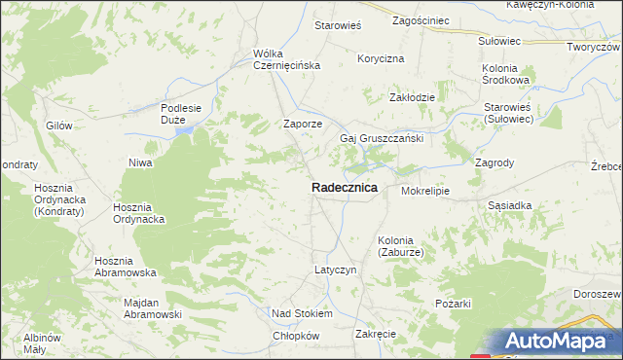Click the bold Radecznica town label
point(345,188)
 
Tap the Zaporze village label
point(302,124)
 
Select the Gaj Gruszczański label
point(381,138)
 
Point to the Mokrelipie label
point(424,192)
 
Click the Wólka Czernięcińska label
point(286,59)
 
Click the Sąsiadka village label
point(510,206)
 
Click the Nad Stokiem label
point(302,314)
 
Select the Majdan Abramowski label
point(154,307)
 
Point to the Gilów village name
point(59,126)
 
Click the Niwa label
point(141,162)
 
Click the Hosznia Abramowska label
point(127,268)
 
